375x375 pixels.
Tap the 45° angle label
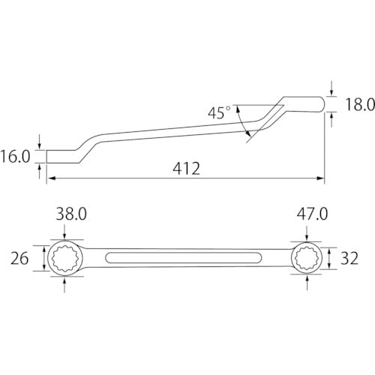(x=220, y=112)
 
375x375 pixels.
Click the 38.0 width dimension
(x=71, y=214)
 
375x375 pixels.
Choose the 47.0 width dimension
(x=312, y=214)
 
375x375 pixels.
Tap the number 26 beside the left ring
(x=20, y=259)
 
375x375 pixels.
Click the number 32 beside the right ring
(x=349, y=259)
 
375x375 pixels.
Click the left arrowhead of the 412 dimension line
(x=51, y=178)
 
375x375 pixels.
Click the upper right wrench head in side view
(x=304, y=103)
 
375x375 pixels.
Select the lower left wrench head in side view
(x=64, y=155)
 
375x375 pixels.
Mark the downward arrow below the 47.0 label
(x=307, y=235)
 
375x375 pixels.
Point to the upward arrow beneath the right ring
(x=307, y=283)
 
